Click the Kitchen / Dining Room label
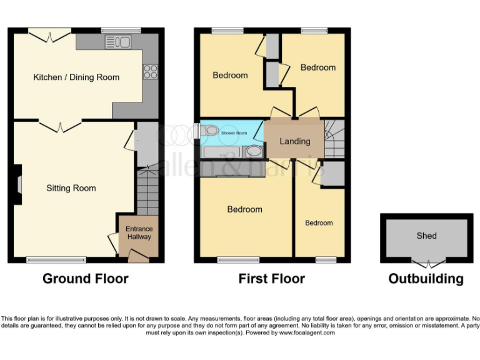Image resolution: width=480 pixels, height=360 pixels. pyautogui.click(x=76, y=77)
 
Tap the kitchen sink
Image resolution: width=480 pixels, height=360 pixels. pyautogui.click(x=117, y=42)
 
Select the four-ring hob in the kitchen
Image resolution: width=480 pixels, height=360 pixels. pyautogui.click(x=150, y=72)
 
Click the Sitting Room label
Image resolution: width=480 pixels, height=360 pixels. pyautogui.click(x=71, y=188)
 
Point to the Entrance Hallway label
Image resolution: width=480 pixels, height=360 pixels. pyautogui.click(x=139, y=233)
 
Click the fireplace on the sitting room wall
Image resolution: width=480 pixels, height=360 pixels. pyautogui.click(x=18, y=184)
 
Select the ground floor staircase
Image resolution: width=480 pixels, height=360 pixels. pyautogui.click(x=147, y=191)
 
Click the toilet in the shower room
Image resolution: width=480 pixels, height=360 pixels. pyautogui.click(x=209, y=131)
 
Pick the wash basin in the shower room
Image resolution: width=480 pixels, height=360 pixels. pyautogui.click(x=254, y=151)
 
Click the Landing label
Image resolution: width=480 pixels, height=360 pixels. pyautogui.click(x=294, y=141)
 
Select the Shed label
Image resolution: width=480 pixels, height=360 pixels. pyautogui.click(x=426, y=236)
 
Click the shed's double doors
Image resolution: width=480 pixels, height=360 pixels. pyautogui.click(x=426, y=264)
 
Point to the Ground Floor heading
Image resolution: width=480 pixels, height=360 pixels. pyautogui.click(x=85, y=279)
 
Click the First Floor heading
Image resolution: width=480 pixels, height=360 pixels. pyautogui.click(x=272, y=279)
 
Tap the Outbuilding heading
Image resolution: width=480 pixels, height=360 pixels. pyautogui.click(x=426, y=279)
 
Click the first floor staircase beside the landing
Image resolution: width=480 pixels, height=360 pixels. pyautogui.click(x=334, y=140)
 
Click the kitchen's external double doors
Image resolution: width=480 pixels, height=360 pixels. pyautogui.click(x=49, y=36)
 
